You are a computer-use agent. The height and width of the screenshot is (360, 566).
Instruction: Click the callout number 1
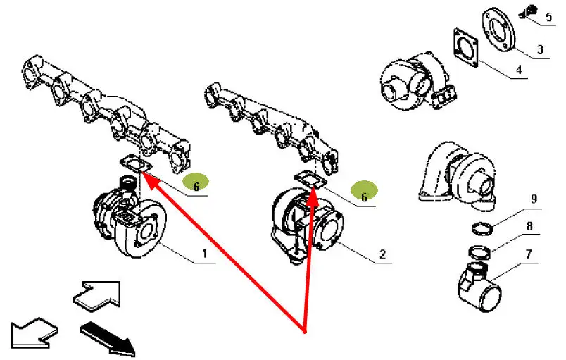point(205,254)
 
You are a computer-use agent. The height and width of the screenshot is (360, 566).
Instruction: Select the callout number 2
point(383,254)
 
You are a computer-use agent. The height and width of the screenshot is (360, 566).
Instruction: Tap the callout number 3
point(540,49)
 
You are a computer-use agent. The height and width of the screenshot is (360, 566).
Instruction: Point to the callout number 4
point(519,69)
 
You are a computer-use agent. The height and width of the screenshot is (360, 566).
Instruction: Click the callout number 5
point(548,17)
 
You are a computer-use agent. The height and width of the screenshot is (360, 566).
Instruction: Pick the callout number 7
point(529,254)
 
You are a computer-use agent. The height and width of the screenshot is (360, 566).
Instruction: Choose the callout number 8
point(529,226)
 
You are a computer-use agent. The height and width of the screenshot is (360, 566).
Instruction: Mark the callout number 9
point(534,199)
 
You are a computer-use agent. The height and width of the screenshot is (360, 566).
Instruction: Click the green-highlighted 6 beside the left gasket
point(196,183)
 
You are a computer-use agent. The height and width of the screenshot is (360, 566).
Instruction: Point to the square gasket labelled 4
point(465,48)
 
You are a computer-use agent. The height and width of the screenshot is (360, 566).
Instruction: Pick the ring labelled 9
point(483,225)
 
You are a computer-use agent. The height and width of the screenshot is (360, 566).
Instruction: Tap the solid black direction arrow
point(108,338)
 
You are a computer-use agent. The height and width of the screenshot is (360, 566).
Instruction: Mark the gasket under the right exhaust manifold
point(310,180)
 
